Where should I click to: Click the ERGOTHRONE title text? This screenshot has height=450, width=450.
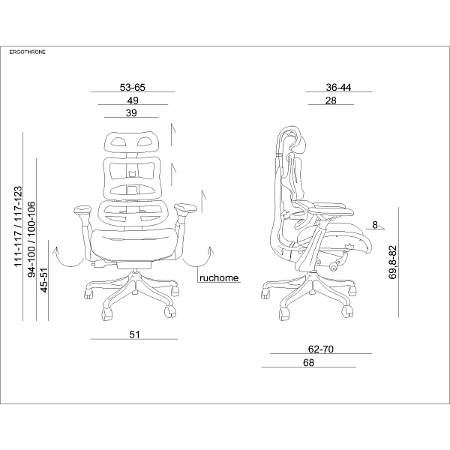[x=28, y=52]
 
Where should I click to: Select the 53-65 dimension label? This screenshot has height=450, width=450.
[x=133, y=87]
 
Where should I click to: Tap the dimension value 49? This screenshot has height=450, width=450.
[x=133, y=100]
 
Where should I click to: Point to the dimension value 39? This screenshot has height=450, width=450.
[x=131, y=113]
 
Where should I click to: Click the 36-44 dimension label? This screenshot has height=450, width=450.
[x=338, y=87]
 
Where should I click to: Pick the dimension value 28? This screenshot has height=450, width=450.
[x=331, y=100]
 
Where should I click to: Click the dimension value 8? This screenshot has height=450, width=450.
[x=375, y=225]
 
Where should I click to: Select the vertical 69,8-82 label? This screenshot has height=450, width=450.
[x=392, y=262]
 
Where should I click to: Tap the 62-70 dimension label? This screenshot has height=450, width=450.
[x=321, y=349]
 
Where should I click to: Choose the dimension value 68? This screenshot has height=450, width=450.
[x=308, y=362]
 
